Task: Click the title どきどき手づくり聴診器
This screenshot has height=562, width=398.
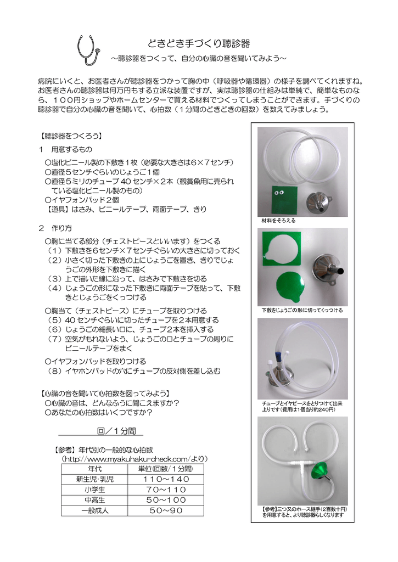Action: (x=199, y=43)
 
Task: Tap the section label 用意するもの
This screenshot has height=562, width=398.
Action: (x=71, y=149)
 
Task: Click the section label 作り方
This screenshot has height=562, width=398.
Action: (x=60, y=227)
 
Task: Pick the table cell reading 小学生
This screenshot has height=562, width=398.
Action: (x=94, y=490)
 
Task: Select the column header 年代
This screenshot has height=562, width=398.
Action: (x=94, y=469)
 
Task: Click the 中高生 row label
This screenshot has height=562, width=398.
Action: (x=94, y=500)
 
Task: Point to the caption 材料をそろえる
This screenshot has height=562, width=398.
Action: (x=279, y=221)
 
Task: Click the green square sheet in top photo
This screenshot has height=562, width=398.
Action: (x=284, y=199)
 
